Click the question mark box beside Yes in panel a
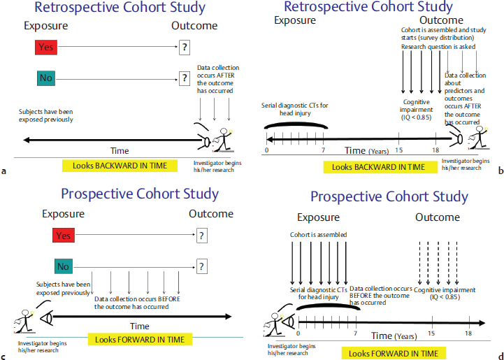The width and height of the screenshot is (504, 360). [x=185, y=47]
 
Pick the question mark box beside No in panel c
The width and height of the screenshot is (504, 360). [x=203, y=266]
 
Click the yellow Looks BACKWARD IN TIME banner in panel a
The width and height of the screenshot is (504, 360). [x=114, y=166]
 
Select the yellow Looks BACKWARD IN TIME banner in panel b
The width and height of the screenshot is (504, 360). [x=378, y=167]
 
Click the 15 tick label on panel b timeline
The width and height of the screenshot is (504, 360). [x=400, y=150]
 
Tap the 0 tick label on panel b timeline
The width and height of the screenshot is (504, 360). [x=267, y=150]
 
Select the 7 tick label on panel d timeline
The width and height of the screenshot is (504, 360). [x=357, y=334]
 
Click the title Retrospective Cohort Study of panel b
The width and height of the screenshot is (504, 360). [x=378, y=8]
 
